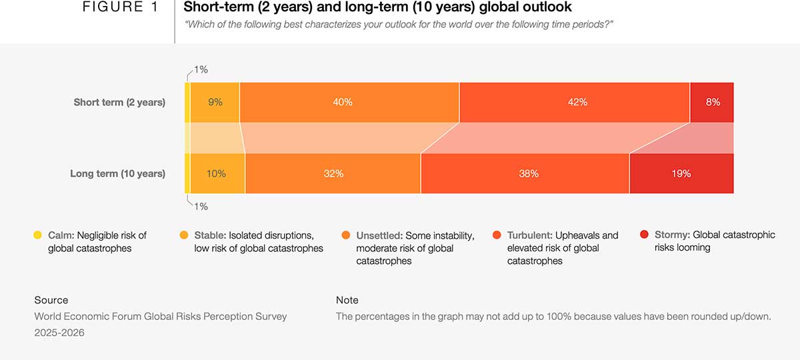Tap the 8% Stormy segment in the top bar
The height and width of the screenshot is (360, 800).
tap(712, 103)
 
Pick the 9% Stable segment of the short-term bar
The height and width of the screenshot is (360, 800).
tap(215, 103)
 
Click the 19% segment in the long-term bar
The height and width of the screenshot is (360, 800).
tap(681, 173)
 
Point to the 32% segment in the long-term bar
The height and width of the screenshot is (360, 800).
tap(333, 173)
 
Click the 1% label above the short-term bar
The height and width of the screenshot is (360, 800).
tap(201, 69)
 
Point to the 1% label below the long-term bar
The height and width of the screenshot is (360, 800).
tap(201, 207)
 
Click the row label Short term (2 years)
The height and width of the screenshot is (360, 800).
tap(119, 103)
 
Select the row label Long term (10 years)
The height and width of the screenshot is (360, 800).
tap(117, 173)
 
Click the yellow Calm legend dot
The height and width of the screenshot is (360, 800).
tap(38, 235)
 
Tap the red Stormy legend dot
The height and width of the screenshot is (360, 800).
tap(644, 235)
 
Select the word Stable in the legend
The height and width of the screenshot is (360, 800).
tap(209, 235)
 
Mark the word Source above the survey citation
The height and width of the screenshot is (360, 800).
tap(51, 300)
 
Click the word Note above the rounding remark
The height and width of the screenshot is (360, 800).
tap(347, 300)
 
